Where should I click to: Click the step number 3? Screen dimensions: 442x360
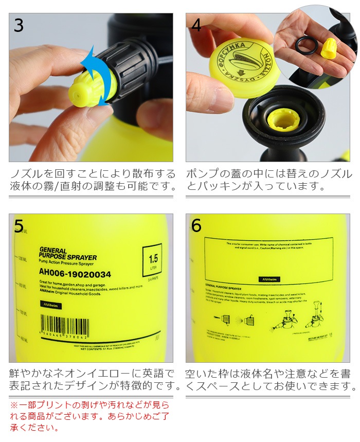tap(19, 25)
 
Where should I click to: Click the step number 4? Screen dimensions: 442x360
tap(196, 25)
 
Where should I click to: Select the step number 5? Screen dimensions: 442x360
tap(19, 226)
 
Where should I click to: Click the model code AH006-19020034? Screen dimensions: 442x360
tap(75, 274)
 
